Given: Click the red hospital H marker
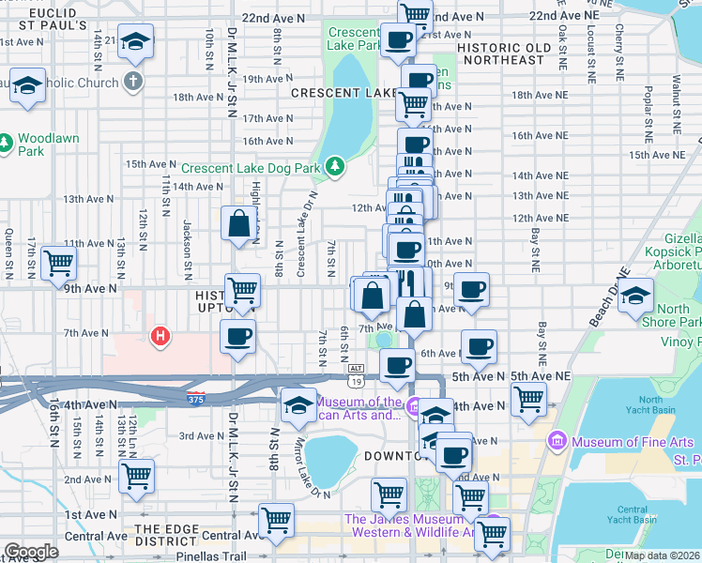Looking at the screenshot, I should point(160,335).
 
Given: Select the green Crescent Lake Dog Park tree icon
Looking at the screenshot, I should point(335,168).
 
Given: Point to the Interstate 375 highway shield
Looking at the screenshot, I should point(195,398).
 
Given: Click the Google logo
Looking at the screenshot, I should point(31,552).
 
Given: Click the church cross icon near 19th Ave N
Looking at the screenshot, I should point(134,81).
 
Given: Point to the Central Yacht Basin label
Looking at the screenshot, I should point(631,513).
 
